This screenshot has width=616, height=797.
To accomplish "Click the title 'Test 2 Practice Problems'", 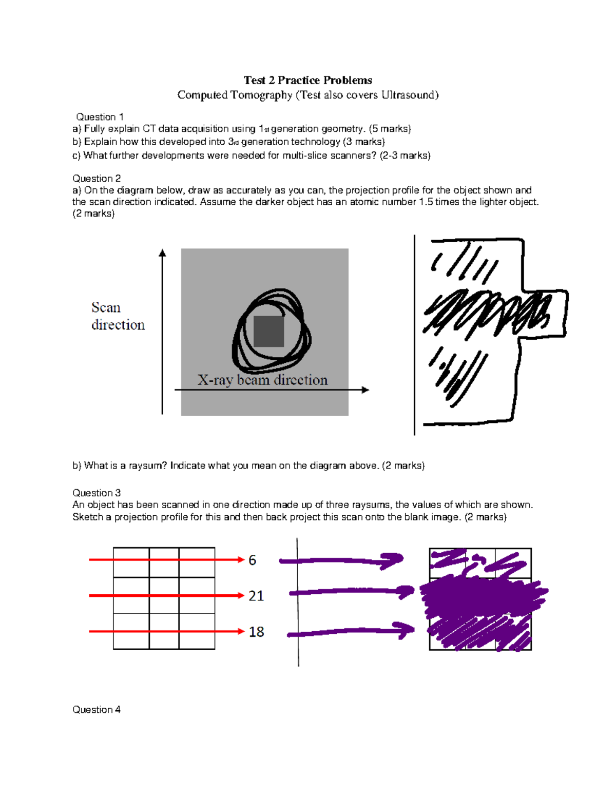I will click(x=307, y=80).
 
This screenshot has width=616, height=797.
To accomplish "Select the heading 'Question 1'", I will click(x=100, y=117).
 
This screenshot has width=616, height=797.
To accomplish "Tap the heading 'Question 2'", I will click(x=97, y=179).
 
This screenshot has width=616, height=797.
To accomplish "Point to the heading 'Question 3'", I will click(x=97, y=493).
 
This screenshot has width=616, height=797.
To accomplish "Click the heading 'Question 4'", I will click(x=97, y=710).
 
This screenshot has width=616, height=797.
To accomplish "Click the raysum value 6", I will click(x=252, y=560).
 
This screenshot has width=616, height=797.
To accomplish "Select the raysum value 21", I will click(x=256, y=596).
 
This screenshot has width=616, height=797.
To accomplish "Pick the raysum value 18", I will click(x=256, y=632).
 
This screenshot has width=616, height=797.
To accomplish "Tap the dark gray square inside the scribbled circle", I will click(x=268, y=332).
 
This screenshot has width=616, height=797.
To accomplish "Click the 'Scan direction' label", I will click(x=118, y=316).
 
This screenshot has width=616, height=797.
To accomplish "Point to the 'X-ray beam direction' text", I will click(x=262, y=380).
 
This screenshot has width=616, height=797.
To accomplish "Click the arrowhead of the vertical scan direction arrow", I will click(x=162, y=252).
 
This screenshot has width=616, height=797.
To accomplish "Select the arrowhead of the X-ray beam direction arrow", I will click(x=365, y=390).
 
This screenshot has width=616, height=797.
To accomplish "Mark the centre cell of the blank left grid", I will click(x=164, y=595).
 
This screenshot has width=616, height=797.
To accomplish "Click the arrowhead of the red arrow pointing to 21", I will click(x=241, y=595).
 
